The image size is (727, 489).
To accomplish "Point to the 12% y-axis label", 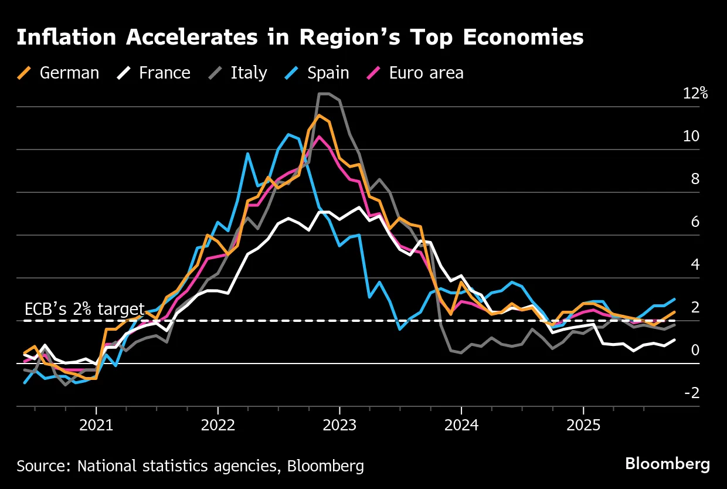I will [695, 93].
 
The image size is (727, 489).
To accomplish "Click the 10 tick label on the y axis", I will [691, 136].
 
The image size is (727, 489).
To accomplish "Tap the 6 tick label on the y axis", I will [695, 222].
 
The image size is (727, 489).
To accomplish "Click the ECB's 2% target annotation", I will [84, 309].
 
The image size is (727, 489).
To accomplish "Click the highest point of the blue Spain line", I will [288, 134].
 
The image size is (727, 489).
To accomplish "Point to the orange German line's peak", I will [318, 115].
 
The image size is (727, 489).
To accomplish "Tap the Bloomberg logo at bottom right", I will [667, 464].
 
